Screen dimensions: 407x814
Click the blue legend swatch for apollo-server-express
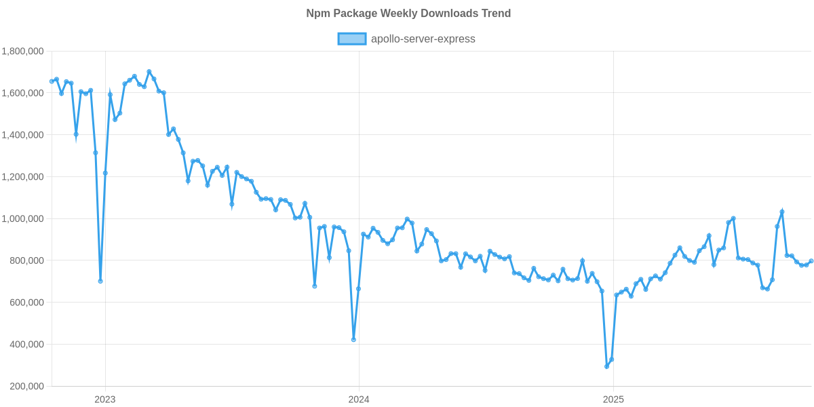click(351, 39)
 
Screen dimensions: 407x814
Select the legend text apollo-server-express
click(423, 39)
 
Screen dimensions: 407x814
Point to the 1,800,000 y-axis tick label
click(23, 51)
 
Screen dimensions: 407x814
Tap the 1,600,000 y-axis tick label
click(23, 93)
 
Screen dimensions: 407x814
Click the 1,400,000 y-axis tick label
click(23, 135)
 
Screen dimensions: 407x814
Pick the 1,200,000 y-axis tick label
click(23, 177)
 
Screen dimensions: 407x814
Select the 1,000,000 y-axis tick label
click(23, 219)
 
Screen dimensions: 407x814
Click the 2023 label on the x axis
click(104, 400)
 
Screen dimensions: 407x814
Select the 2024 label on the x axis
click(359, 400)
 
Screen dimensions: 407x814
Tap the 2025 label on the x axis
click(613, 400)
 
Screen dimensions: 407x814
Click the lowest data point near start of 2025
click(606, 366)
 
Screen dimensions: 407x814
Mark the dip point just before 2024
click(353, 340)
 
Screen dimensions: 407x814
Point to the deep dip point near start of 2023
click(100, 281)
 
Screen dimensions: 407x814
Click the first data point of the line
click(52, 81)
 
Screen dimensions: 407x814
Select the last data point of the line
click(811, 261)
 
